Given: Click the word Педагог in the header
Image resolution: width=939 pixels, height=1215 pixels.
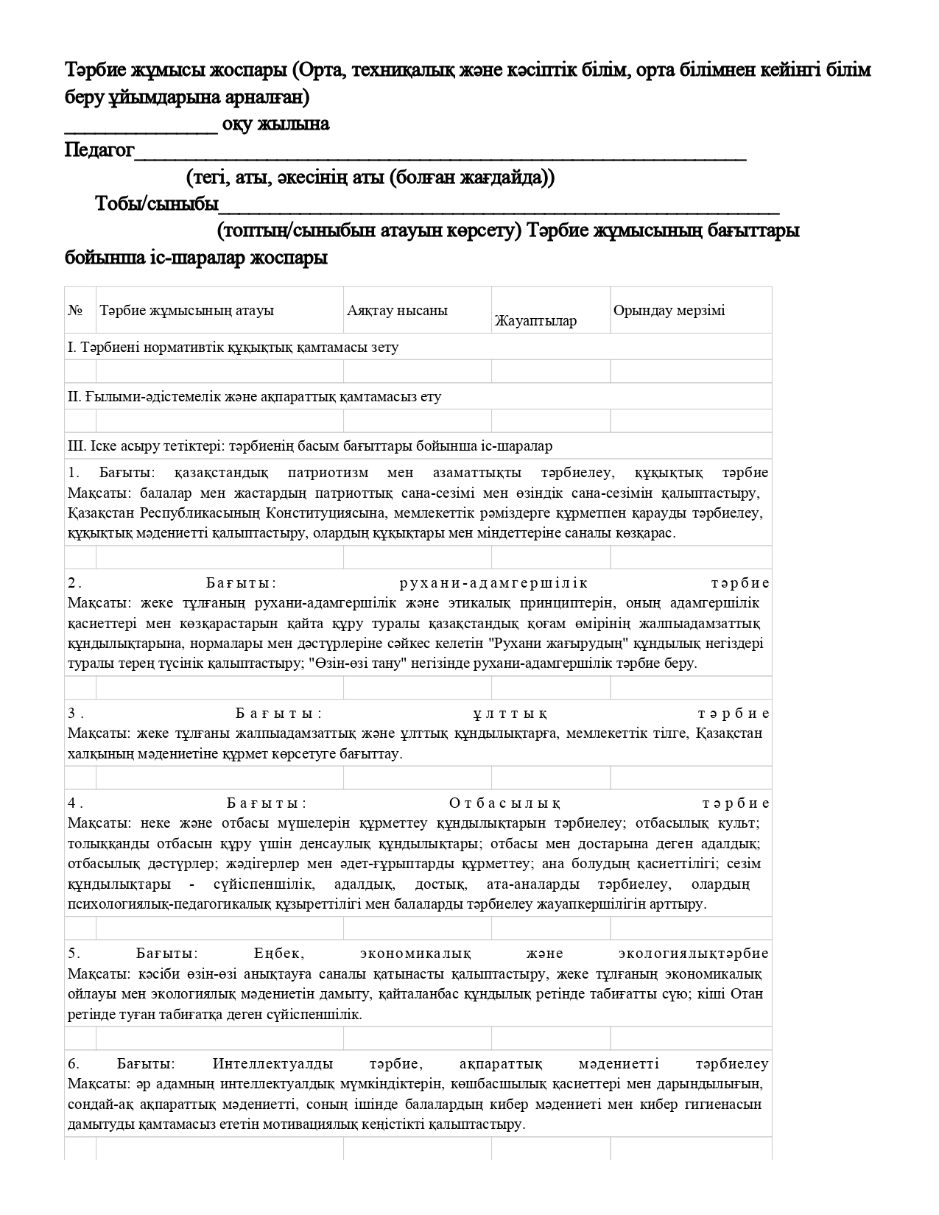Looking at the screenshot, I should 99,151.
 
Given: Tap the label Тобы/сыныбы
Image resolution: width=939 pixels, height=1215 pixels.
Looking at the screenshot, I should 157,204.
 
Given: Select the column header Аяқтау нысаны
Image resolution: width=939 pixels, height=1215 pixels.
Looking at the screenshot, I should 397,310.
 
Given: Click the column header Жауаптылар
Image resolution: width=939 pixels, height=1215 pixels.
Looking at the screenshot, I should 535,320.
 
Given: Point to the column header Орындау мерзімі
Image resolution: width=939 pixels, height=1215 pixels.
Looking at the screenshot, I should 669,310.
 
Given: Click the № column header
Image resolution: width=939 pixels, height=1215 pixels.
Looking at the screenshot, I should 75,310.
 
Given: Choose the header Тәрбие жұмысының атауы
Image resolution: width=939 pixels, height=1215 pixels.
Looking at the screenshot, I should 186,310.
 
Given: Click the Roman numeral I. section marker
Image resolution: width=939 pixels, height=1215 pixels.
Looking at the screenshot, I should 71,347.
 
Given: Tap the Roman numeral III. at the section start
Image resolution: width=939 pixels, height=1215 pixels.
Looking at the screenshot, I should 77,445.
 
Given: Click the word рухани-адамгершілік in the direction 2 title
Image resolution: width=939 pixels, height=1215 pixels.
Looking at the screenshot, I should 493,583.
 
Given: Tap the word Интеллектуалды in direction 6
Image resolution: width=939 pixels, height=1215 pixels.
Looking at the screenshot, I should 272,1064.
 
